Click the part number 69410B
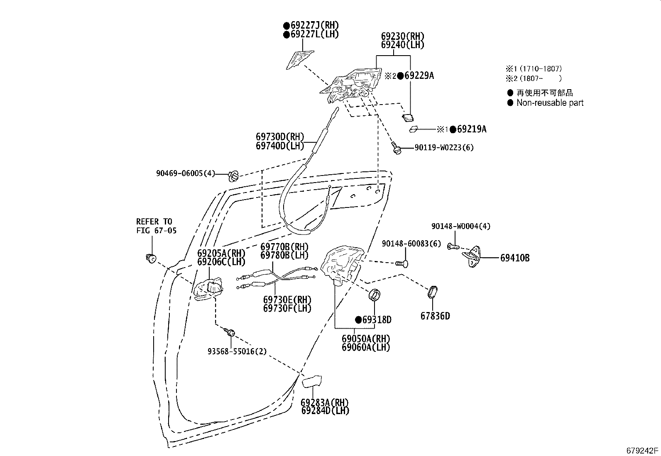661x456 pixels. tap(514, 258)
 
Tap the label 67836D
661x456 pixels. tap(435, 316)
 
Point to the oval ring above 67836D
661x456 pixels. tap(432, 292)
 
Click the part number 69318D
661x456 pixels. tap(377, 320)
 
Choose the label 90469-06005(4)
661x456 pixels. tap(186, 173)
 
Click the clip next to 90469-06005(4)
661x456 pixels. tap(234, 176)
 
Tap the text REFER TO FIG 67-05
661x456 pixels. tap(156, 226)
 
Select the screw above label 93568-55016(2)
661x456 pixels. tap(230, 332)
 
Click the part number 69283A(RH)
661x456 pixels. tap(325, 402)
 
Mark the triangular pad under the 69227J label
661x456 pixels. tap(299, 59)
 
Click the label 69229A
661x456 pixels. tap(419, 76)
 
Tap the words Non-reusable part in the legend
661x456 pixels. tap(550, 103)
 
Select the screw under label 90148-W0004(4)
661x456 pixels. tap(453, 247)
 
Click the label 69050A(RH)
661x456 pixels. tap(366, 339)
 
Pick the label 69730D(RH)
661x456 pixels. tap(280, 137)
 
